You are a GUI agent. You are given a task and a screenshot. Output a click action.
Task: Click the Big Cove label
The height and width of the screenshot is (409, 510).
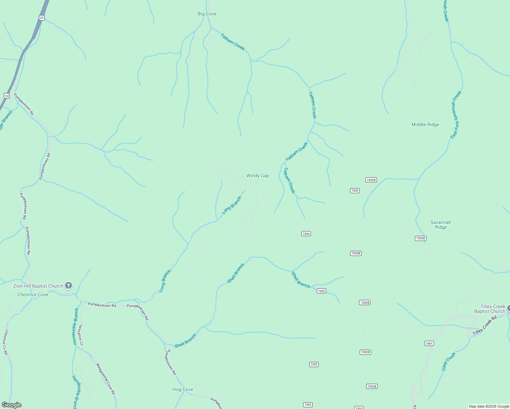pos(207,14)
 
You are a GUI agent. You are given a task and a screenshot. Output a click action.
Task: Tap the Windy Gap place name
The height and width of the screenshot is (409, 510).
pos(258,176)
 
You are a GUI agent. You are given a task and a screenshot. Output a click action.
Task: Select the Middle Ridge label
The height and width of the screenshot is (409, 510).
pos(425,125)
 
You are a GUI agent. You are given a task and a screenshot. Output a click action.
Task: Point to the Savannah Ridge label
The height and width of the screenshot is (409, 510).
pos(440,225)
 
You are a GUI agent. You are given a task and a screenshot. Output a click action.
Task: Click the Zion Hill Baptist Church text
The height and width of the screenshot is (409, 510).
pos(38,286)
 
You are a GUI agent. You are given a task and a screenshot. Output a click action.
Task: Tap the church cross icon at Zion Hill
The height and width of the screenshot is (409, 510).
pos(69,286)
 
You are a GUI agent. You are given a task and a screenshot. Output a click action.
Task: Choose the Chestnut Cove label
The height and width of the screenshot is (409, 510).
pos(33,295)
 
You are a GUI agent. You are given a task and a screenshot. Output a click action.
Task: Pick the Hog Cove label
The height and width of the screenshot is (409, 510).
pos(183,390)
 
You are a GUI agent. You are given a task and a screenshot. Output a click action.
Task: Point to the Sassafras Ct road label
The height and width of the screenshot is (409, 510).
pos(80,335)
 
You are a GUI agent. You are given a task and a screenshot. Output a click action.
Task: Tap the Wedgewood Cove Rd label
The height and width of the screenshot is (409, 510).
pos(105,379)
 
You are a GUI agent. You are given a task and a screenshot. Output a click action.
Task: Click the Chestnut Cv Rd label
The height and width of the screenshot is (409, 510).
pos(6,342)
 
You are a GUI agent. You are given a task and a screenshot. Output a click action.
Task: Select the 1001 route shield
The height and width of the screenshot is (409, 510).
pos(429,344)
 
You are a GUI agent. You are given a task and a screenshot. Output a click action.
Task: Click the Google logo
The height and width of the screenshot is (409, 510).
pos(12,405)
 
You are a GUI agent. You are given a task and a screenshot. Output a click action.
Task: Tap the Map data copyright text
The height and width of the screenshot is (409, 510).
pos(489,406)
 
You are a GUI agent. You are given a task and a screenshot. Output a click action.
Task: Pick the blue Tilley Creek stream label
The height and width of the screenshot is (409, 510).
pos(449,362)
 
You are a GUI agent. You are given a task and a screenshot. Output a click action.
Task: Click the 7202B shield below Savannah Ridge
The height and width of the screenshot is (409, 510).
pos(420,239)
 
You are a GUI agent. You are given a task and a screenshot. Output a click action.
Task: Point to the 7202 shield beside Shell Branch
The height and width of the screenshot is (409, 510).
pos(321,291)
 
